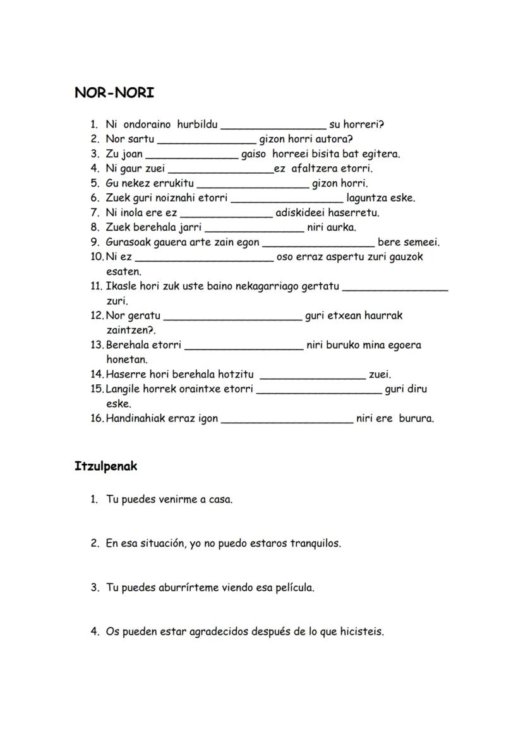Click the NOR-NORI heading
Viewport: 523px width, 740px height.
pos(114,93)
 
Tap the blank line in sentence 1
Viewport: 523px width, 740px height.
pos(273,126)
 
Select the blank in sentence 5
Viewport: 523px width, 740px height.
pos(253,185)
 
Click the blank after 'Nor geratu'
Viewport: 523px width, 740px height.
pos(232,317)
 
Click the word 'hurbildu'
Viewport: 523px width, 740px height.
pos(197,124)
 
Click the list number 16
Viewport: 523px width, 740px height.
pos(97,418)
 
